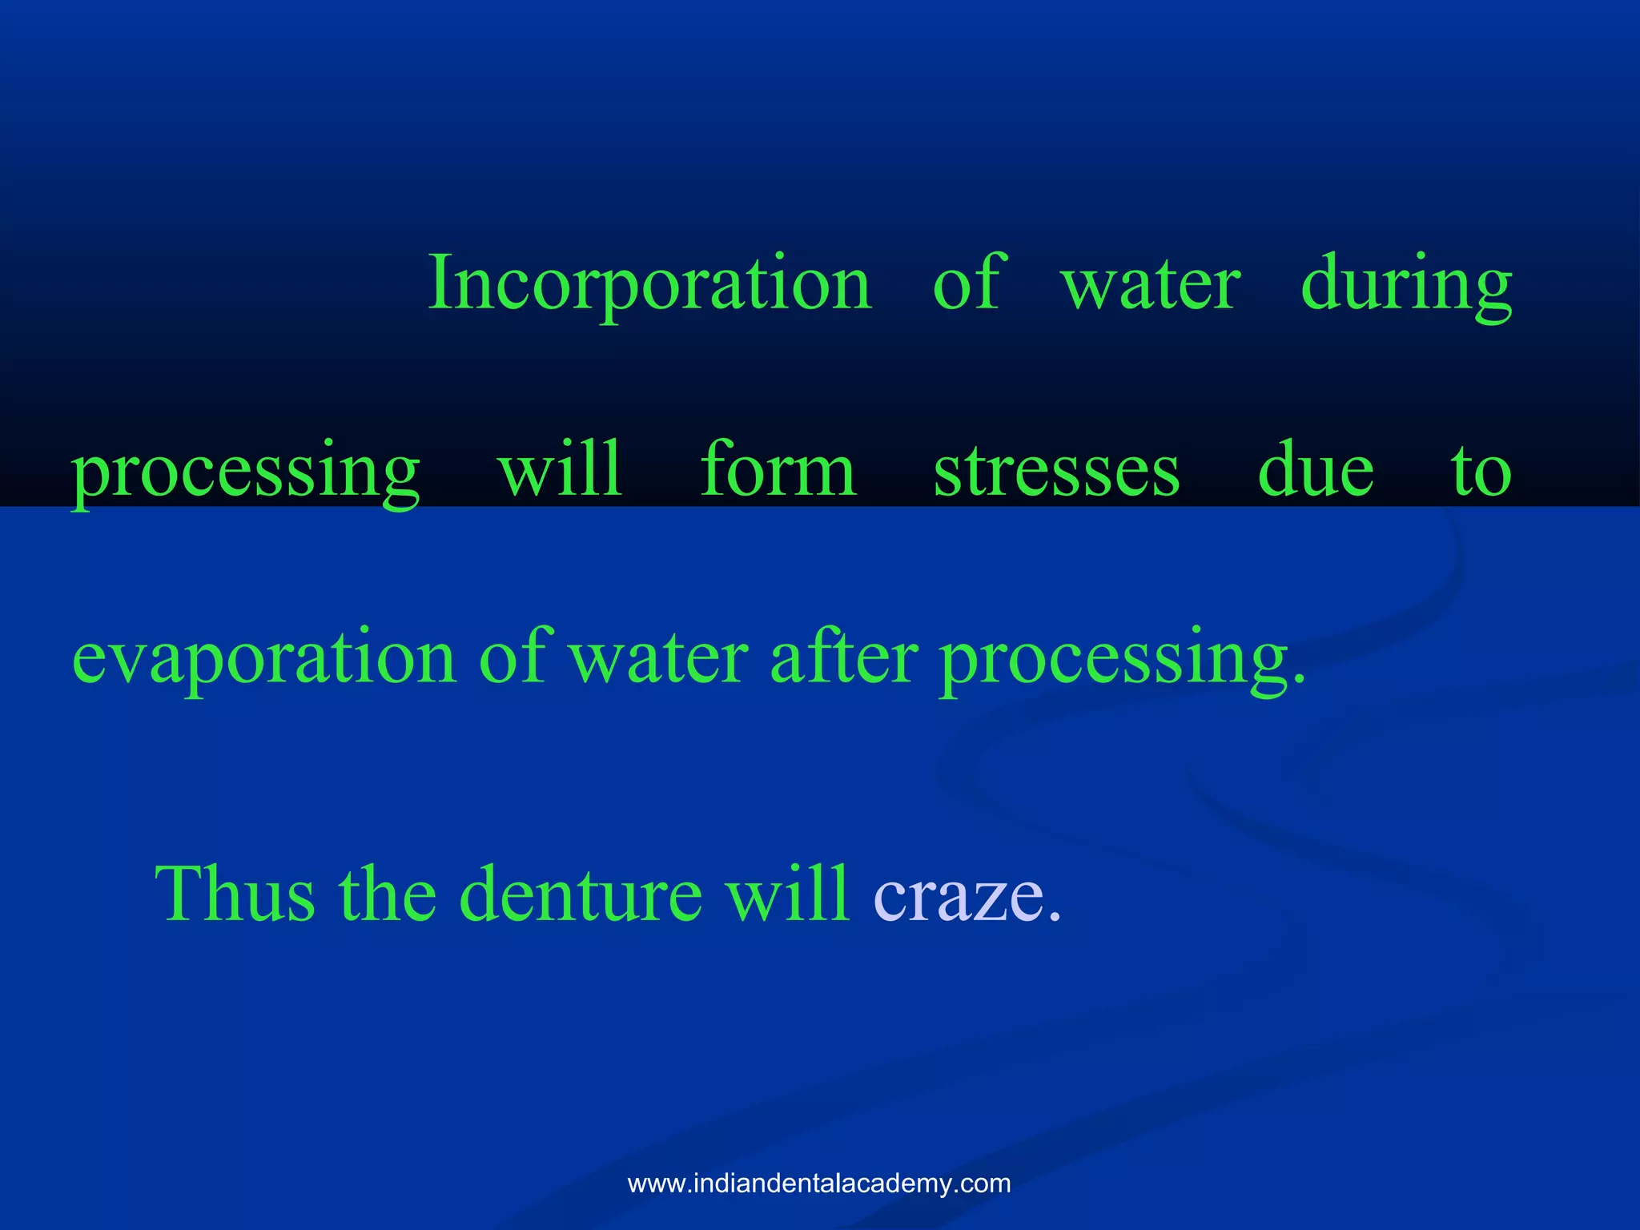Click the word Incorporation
coord(650,283)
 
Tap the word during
coord(1406,283)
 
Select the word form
coord(778,470)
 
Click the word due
coord(1316,470)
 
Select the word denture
coord(581,894)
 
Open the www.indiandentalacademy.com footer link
coord(819,1183)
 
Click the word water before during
coord(1151,285)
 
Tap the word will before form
coord(560,470)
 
